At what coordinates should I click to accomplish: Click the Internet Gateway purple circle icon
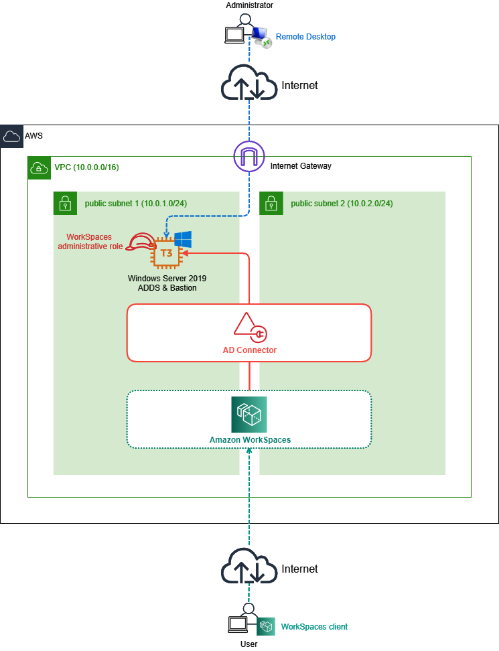249,156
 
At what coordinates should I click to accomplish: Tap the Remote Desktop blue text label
305,37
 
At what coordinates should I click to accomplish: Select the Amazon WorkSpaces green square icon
249,415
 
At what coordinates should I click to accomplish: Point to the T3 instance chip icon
166,253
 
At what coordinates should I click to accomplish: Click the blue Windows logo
183,240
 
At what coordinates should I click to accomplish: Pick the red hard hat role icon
140,242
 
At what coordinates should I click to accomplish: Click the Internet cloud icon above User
249,566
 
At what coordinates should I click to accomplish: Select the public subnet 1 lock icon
65,204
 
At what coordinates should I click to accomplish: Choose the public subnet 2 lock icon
271,204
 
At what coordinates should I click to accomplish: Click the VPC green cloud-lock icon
39,167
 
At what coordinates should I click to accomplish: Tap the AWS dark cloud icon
11,136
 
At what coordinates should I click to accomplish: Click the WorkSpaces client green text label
314,626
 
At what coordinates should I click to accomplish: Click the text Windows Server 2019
167,278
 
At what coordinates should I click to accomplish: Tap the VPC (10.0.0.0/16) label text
87,167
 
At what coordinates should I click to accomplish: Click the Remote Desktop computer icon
261,37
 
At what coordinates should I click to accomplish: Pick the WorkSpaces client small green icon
266,626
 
